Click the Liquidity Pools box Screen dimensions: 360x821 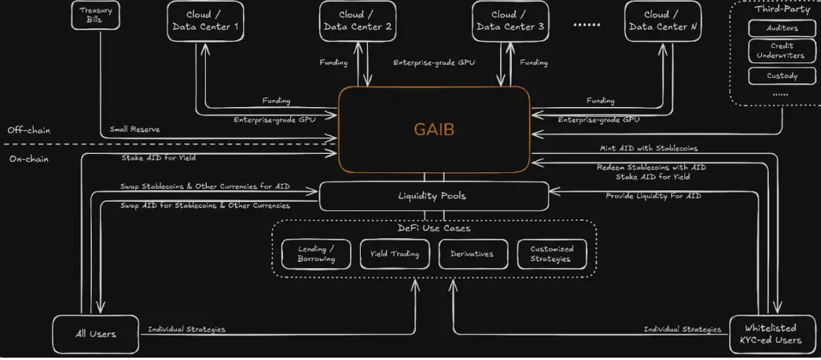tap(433, 196)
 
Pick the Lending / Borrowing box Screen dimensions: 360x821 tap(316, 254)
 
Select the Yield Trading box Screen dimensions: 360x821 tap(395, 254)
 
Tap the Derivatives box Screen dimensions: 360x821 tap(473, 254)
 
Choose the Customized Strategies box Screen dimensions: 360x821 tap(551, 254)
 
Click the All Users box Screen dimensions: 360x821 tap(95, 334)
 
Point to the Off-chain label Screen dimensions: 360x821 tap(29, 130)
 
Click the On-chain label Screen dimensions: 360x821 tap(28, 158)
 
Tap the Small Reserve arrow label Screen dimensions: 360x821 tap(134, 129)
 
